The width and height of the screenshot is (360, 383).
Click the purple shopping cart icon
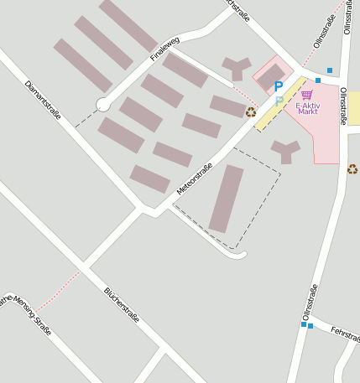pos(307,95)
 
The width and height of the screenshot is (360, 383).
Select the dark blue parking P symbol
pos(279,86)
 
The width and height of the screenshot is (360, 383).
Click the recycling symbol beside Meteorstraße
pos(251,111)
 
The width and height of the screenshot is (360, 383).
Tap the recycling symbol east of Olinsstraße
pos(352,169)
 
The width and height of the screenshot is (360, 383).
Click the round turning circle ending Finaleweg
pos(103,104)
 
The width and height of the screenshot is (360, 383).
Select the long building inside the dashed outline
pos(226,199)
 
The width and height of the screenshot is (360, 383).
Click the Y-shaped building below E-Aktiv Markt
pos(285,151)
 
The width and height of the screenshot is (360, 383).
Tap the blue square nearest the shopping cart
pos(318,80)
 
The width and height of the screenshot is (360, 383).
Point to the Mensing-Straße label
pos(23,314)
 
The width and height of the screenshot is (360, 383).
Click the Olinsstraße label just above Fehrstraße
pos(310,303)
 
